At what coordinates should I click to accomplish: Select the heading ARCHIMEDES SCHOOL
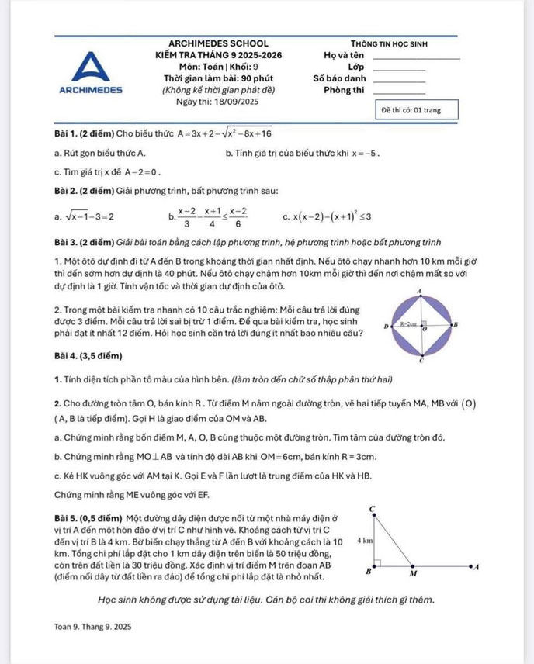[218, 43]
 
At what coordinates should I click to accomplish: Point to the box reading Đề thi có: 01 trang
[411, 109]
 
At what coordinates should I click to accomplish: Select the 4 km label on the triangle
[363, 539]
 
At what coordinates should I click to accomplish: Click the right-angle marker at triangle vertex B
[377, 563]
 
